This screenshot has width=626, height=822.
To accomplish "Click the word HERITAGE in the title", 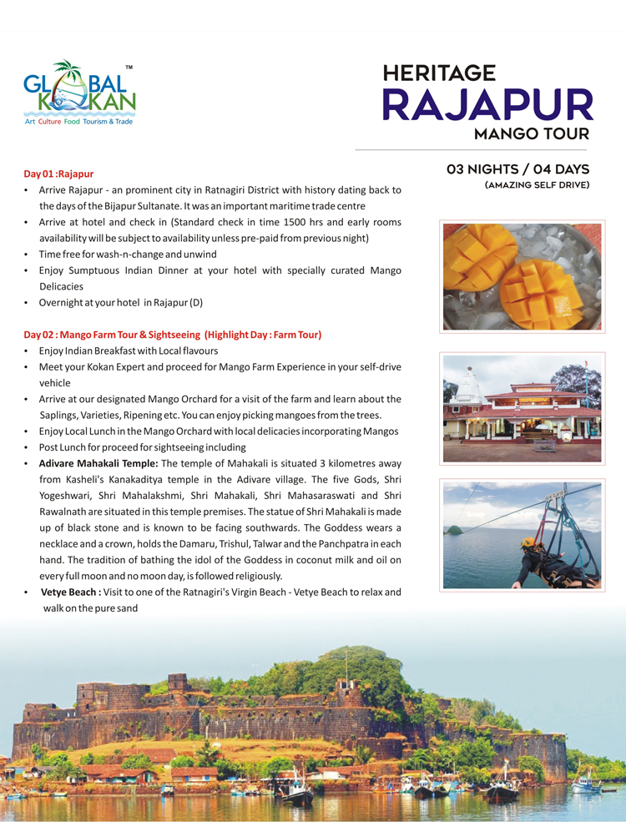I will tap(439, 73).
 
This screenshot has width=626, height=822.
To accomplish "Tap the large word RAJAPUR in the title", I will tap(487, 104).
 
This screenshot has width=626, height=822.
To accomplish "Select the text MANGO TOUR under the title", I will tap(532, 134).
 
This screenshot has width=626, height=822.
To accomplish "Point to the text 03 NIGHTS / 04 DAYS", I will tap(518, 169).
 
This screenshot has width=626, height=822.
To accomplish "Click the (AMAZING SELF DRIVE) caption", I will tap(537, 184).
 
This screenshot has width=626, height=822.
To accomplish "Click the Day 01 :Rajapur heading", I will tap(58, 174).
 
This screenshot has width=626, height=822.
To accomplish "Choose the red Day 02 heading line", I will tap(172, 335).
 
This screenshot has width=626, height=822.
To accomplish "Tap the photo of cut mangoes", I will tap(521, 275).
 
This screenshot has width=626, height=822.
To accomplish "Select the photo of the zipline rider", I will tap(521, 534).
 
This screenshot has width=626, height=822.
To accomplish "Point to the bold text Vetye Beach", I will tap(70, 592).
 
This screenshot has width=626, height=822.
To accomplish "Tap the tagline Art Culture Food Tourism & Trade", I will tap(78, 121).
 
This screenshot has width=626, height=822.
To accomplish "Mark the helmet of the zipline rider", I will tap(527, 542).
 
